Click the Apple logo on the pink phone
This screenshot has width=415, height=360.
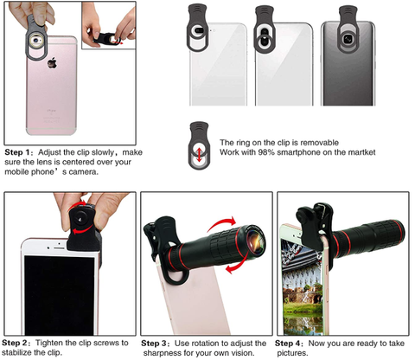pyautogui.click(x=52, y=62)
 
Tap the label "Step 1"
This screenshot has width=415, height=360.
pyautogui.click(x=17, y=152)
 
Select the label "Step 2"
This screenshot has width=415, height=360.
pyautogui.click(x=15, y=343)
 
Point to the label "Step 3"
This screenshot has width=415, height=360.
pyautogui.click(x=154, y=344)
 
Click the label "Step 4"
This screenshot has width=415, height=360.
pyautogui.click(x=288, y=344)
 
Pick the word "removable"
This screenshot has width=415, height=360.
pyautogui.click(x=320, y=143)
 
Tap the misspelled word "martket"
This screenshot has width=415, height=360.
pyautogui.click(x=361, y=152)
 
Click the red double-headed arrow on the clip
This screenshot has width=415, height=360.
pyautogui.click(x=199, y=153)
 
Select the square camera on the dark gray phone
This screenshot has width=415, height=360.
pyautogui.click(x=348, y=38)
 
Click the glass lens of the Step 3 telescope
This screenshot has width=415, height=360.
pyautogui.click(x=255, y=238)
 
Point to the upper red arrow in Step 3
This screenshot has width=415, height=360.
pyautogui.click(x=222, y=224)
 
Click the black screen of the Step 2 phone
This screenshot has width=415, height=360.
pyautogui.click(x=59, y=295)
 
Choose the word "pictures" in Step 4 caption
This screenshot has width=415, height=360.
pyautogui.click(x=291, y=353)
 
